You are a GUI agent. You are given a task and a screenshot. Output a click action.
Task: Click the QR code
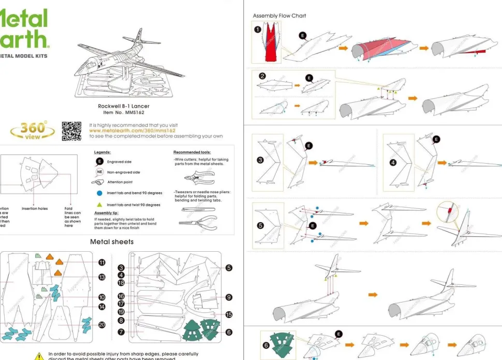click(x=71, y=131)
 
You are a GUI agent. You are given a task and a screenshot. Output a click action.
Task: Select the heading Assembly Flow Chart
click(x=279, y=16)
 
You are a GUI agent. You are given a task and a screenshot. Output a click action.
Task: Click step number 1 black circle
click(x=258, y=30)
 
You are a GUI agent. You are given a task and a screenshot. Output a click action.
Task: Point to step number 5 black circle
click(x=260, y=226)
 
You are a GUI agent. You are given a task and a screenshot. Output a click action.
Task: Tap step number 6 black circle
click(x=266, y=345)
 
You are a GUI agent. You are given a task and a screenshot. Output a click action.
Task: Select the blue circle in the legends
click(x=99, y=193)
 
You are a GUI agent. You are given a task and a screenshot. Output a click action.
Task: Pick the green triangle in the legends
click(x=99, y=205)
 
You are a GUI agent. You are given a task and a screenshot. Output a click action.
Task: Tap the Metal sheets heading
click(x=112, y=242)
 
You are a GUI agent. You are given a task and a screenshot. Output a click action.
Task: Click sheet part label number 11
click(x=102, y=263)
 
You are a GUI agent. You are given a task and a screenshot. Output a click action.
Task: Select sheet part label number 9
click(x=229, y=297)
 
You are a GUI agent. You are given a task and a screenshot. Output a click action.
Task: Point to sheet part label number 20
click(x=102, y=325)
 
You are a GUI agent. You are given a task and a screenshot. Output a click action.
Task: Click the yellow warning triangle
click(x=39, y=356)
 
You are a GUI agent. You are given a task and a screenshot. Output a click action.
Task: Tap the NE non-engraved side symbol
click(x=99, y=172)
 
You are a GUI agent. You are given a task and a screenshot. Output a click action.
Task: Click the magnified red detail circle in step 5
click(x=449, y=211)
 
